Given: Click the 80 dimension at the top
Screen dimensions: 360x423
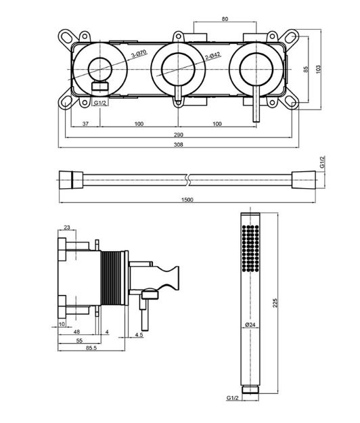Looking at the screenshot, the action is (225, 19).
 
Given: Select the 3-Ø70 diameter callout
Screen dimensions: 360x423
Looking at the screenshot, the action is (139, 53).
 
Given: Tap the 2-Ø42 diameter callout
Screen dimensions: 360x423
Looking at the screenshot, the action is (212, 56).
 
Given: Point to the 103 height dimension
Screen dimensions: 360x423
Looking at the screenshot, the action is (319, 69).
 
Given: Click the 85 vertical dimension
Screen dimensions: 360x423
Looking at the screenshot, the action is (306, 69).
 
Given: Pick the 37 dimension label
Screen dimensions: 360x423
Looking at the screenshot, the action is (85, 124).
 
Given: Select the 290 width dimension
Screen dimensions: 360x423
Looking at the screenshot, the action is (178, 135).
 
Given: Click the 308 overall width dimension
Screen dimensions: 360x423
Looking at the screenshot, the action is (178, 145).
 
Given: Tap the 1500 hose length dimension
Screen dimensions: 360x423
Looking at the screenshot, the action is (187, 200).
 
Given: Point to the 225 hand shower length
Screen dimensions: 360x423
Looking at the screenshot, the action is (275, 303).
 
